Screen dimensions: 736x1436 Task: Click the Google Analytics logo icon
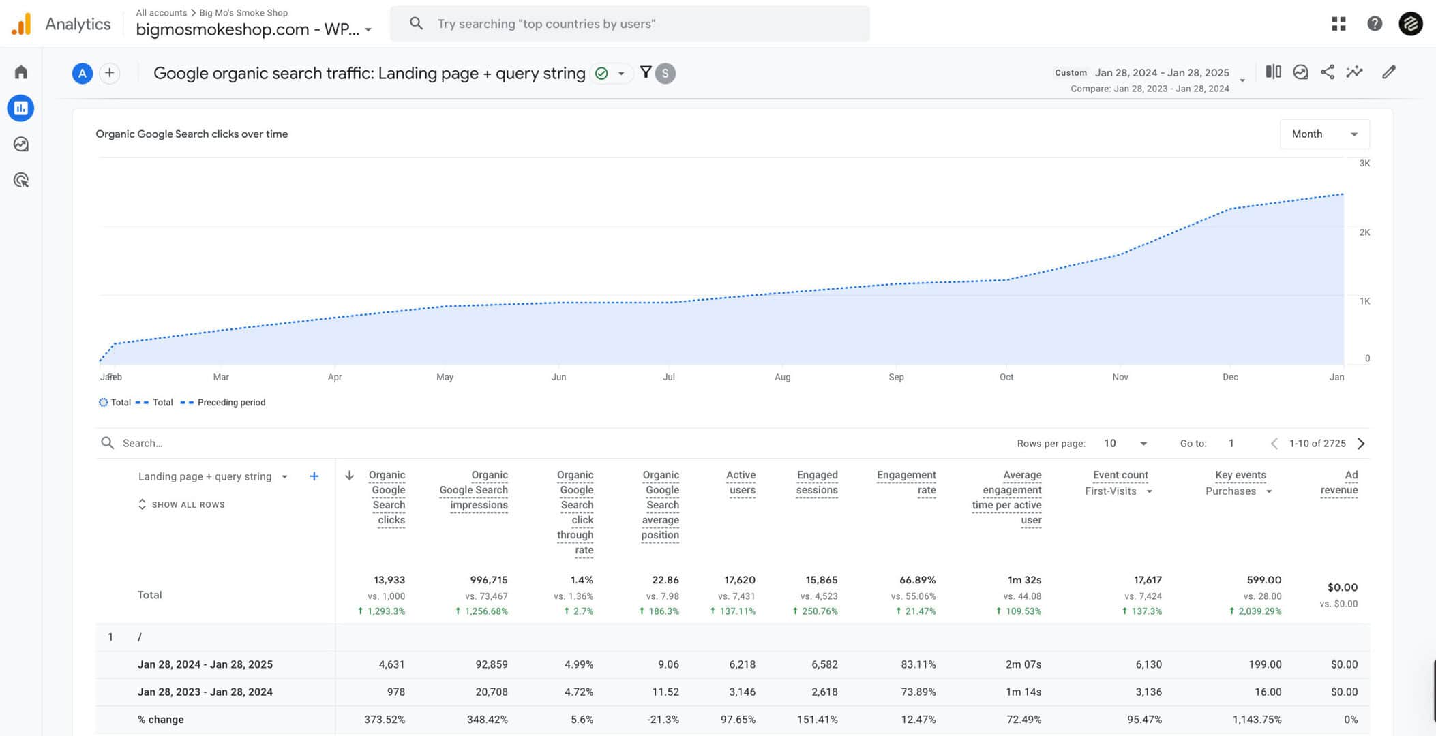coord(21,24)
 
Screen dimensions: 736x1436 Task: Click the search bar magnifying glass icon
coord(416,24)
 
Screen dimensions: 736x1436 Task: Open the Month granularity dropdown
coord(1323,134)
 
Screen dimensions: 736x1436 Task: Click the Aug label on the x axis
coord(782,377)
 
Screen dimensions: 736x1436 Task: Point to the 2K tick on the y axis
coord(1364,232)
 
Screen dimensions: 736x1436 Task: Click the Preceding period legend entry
coord(230,403)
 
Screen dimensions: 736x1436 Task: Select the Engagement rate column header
coord(906,482)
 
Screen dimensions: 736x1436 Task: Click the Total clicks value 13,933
coord(389,580)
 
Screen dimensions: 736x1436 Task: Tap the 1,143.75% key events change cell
coord(1256,720)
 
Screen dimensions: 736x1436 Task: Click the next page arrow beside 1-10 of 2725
coord(1361,444)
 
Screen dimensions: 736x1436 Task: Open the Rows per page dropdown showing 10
coord(1124,444)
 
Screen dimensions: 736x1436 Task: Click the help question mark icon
coord(1374,24)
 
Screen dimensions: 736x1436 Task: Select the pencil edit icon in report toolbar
coord(1388,72)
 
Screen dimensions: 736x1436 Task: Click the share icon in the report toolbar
coord(1327,72)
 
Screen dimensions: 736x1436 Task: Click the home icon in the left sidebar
coord(21,72)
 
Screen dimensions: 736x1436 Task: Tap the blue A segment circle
coord(82,74)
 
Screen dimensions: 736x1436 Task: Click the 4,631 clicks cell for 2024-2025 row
coord(391,664)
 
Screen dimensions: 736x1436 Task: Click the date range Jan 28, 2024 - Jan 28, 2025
coord(1161,73)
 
